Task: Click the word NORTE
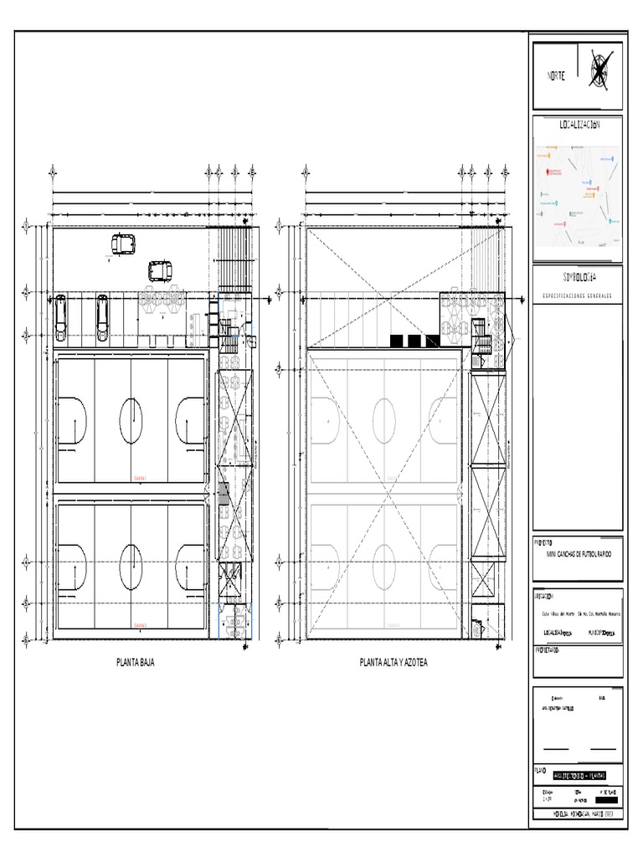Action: (x=556, y=75)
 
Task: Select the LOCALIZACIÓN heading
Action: (x=579, y=125)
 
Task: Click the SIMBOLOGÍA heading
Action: (x=579, y=276)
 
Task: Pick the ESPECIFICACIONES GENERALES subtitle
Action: (x=578, y=295)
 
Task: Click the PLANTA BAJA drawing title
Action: (x=135, y=663)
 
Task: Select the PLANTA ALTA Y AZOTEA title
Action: (x=394, y=663)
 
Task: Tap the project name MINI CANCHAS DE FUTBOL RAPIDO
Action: (x=579, y=554)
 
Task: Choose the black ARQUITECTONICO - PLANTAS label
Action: (x=579, y=776)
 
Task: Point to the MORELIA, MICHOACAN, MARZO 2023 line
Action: (x=578, y=813)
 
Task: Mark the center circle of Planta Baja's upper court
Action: (x=131, y=421)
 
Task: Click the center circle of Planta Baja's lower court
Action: (x=131, y=565)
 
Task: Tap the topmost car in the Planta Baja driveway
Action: (x=124, y=244)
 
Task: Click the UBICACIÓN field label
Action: (x=544, y=597)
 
